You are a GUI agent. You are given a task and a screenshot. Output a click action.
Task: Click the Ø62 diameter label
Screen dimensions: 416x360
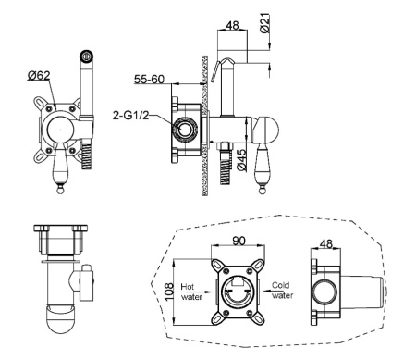[39, 75]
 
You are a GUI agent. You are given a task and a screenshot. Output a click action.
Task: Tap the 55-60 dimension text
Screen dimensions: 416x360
[149, 80]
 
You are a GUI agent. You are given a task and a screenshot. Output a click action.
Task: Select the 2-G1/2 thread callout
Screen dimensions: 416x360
[130, 116]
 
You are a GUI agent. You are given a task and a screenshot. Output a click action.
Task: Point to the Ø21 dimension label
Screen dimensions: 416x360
[264, 23]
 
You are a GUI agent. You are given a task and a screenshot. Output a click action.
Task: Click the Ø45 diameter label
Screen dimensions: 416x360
[242, 160]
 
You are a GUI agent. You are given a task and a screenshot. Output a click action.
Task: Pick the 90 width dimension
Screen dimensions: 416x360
[239, 241]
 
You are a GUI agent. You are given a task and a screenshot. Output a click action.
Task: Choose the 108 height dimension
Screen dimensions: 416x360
[168, 292]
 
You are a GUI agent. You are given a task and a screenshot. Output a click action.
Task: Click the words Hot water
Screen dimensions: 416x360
[191, 292]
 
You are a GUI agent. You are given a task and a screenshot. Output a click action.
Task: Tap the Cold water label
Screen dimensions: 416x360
[282, 291]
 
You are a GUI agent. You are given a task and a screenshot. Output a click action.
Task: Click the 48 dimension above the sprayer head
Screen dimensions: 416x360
[232, 25]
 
